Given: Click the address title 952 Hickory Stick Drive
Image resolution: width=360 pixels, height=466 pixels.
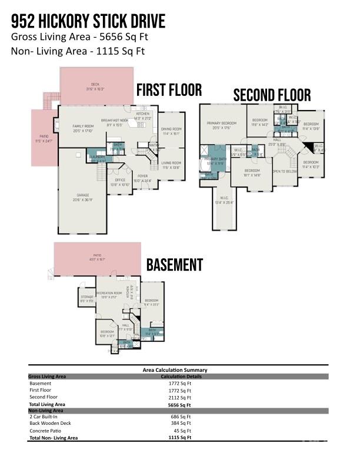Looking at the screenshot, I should (88, 21).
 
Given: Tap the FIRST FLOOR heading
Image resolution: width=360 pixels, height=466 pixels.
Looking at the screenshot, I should (169, 90).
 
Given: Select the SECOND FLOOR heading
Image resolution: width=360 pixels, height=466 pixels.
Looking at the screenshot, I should (272, 95).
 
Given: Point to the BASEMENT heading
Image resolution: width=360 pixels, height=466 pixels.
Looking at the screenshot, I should (174, 265).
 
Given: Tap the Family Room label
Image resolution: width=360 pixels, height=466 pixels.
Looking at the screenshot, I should (83, 126).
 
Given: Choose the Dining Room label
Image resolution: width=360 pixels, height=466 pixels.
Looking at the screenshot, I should (171, 129).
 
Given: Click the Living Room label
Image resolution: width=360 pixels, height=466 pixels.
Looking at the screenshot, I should (171, 163).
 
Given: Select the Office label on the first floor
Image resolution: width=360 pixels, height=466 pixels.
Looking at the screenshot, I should (120, 180).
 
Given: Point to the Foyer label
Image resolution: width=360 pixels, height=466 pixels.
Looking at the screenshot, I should (143, 175).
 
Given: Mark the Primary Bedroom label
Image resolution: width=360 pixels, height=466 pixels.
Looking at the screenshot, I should (221, 123).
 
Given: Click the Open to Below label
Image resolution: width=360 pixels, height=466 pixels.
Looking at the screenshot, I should (284, 171).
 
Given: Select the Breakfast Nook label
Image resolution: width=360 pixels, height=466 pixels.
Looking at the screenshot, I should (116, 120).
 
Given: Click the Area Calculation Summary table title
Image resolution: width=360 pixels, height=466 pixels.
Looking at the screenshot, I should (175, 370).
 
